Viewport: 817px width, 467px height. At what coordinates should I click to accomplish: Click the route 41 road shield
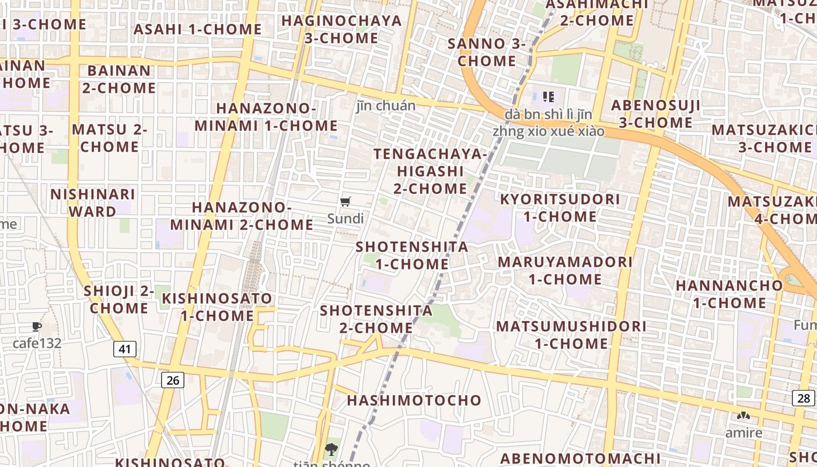[124, 349]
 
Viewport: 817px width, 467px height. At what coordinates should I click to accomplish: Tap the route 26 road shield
[172, 380]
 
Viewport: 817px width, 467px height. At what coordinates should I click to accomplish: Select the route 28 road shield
[804, 398]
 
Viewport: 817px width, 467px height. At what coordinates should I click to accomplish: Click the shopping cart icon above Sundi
[345, 202]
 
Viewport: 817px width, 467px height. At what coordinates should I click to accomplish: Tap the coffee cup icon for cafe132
[37, 327]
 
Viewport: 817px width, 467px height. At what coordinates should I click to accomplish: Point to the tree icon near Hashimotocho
[331, 449]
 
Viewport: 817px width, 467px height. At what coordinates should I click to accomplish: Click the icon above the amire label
[743, 416]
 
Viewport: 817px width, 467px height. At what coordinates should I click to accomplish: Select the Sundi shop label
[345, 219]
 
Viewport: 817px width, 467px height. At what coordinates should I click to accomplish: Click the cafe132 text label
[37, 343]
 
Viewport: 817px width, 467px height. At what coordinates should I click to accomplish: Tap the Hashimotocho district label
[414, 400]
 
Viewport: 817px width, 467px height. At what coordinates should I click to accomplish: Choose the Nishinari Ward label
[93, 203]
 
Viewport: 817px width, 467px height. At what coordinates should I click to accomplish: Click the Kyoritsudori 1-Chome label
[560, 208]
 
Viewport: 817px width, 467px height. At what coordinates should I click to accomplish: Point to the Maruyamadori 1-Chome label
[565, 270]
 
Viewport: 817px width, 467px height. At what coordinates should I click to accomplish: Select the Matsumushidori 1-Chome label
[571, 334]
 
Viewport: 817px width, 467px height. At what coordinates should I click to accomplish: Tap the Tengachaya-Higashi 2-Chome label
[430, 171]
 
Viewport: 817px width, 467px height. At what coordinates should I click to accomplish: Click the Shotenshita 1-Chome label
[412, 255]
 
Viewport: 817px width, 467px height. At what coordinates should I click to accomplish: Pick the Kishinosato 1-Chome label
[217, 307]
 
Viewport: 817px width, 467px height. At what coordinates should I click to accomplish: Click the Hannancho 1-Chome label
[729, 294]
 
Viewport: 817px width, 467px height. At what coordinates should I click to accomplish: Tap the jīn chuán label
[386, 106]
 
